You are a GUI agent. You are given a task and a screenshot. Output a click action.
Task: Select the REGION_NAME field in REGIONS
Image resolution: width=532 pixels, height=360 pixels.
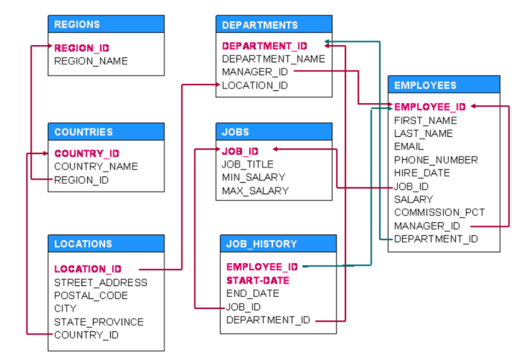(90, 61)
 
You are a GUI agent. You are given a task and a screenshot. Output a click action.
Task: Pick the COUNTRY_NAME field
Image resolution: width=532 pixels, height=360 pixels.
(96, 167)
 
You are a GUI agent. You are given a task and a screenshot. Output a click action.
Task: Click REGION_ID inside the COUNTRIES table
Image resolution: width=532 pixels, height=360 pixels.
(81, 180)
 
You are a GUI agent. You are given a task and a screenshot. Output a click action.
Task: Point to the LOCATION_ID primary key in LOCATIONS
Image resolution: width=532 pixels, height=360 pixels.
(88, 269)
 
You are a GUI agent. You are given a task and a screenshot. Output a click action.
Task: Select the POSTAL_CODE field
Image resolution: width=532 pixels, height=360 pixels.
(91, 296)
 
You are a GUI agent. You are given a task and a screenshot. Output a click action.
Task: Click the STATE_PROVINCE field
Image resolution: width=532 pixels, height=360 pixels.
(99, 322)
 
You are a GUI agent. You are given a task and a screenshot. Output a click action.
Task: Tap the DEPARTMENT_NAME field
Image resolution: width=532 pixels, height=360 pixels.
(273, 59)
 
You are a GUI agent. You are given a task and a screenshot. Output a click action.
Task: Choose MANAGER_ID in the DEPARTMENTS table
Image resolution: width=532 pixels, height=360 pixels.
(255, 72)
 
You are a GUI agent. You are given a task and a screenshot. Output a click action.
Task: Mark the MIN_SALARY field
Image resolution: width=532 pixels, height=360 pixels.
(253, 177)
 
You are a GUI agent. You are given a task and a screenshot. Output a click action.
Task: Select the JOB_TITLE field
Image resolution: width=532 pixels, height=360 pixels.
(247, 164)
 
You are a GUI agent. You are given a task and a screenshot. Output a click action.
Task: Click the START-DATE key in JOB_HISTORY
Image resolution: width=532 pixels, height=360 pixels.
(258, 281)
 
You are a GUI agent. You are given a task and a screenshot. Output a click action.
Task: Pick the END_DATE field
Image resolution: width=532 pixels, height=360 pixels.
(252, 293)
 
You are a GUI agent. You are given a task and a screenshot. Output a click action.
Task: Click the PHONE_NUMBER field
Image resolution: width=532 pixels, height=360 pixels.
(436, 160)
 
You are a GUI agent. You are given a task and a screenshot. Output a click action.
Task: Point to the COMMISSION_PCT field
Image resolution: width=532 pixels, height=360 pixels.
(439, 213)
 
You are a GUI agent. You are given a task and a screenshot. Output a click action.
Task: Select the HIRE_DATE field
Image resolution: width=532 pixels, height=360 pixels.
(422, 173)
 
